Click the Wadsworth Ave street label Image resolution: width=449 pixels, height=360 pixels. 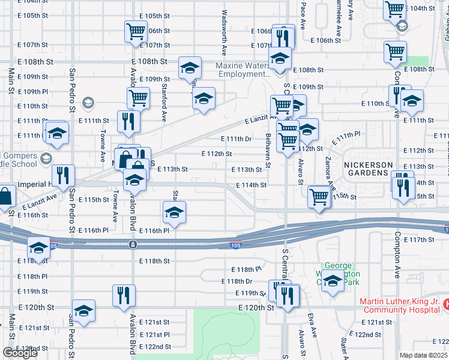click(224, 29)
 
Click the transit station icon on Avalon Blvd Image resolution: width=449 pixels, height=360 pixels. click(132, 244)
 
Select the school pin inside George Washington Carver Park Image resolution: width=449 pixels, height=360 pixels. click(332, 280)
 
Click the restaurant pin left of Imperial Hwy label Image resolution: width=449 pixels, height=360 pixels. click(63, 175)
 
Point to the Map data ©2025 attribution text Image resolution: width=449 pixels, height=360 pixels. click(424, 355)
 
